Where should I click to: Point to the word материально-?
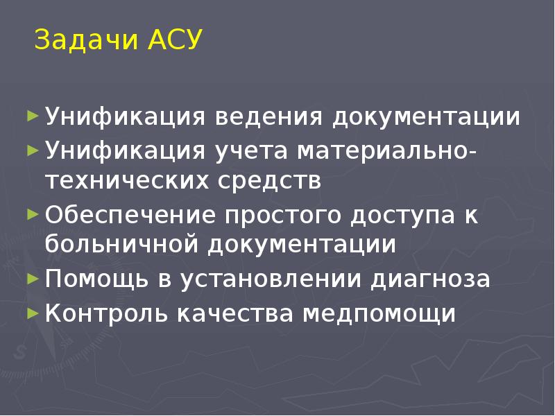pyautogui.click(x=387, y=150)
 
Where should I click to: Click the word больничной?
pyautogui.click(x=126, y=245)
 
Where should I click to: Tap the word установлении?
pyautogui.click(x=271, y=279)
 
